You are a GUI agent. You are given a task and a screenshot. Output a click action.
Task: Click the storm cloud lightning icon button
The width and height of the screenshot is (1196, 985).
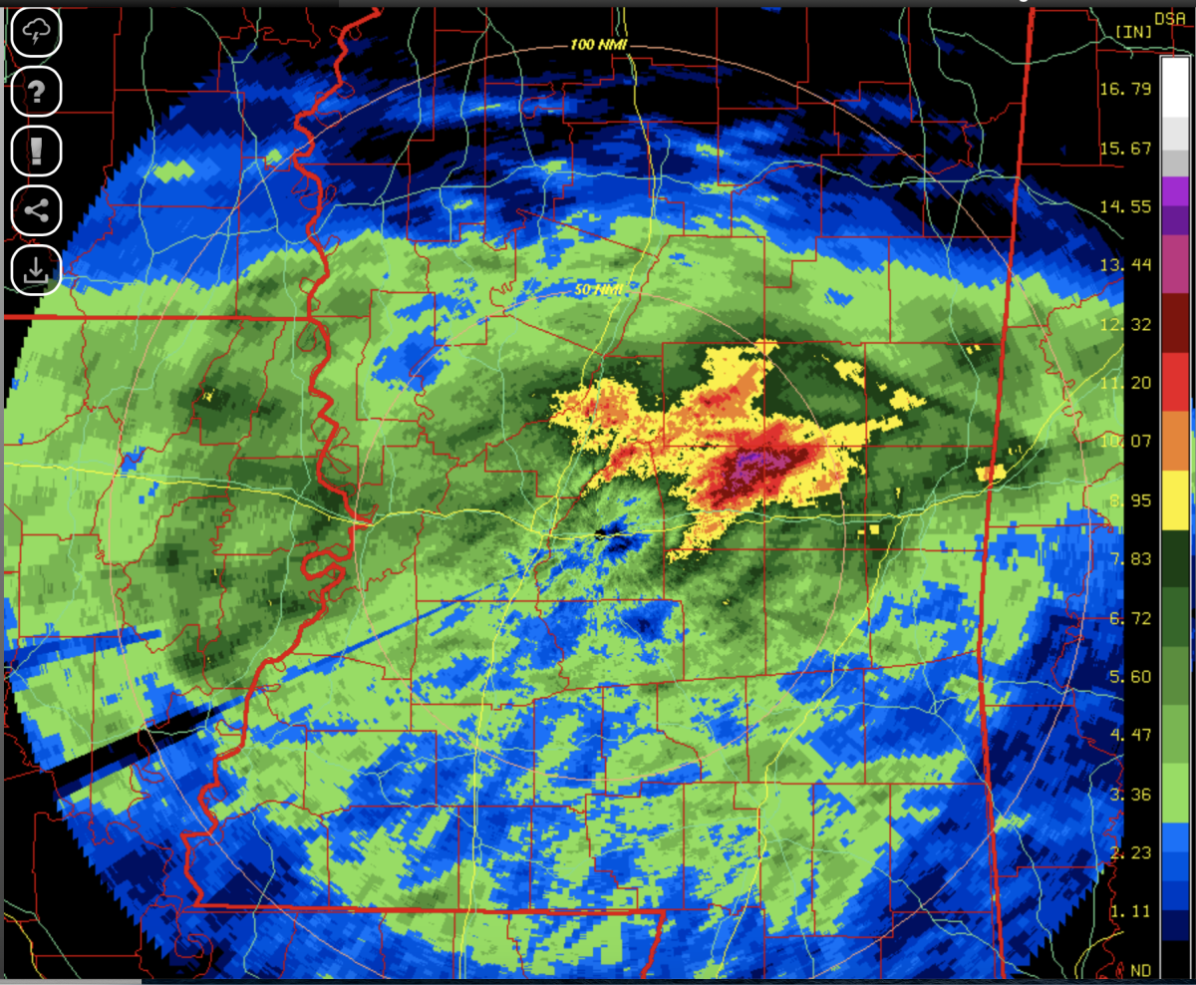click(36, 33)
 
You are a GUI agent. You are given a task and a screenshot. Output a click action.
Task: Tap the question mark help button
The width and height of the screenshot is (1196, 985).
click(36, 93)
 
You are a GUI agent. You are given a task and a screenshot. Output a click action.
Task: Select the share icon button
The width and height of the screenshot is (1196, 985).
click(36, 210)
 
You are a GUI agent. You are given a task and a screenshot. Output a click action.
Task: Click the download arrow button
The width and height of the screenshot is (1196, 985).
click(36, 269)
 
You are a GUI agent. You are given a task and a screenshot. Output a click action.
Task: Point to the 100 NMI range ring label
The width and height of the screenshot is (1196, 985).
click(597, 45)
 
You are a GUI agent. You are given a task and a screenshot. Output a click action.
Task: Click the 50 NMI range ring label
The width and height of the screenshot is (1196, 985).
click(598, 290)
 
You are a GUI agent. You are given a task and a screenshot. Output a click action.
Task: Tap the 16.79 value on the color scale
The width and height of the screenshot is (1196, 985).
click(1130, 89)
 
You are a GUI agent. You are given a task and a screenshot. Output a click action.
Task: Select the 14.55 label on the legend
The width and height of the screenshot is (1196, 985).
click(1130, 206)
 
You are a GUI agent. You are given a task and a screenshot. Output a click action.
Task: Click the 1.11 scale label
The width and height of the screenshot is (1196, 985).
click(1130, 910)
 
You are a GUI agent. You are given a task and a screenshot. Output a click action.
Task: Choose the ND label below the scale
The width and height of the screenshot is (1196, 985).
click(1141, 969)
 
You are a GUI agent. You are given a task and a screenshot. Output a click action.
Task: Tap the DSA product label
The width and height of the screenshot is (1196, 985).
click(1170, 16)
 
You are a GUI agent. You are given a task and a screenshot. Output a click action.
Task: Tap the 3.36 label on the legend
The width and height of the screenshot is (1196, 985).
click(1130, 794)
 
